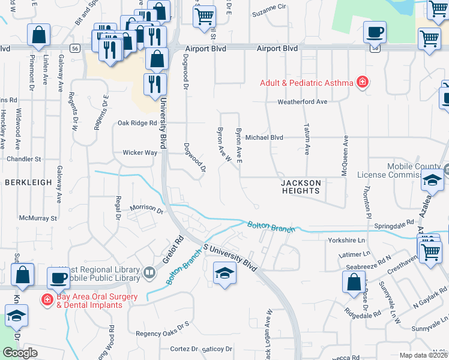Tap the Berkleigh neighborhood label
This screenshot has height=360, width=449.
pos(28,182)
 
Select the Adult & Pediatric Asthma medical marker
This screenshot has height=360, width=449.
pos(363,82)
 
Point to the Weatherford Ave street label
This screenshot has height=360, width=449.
pos(302,102)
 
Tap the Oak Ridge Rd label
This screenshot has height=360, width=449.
pos(137,123)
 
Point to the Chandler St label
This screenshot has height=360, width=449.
pos(23,159)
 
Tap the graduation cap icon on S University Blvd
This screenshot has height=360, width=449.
pos(224,274)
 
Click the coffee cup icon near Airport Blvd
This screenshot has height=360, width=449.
pos(375,31)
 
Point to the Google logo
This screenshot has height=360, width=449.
pos(20,353)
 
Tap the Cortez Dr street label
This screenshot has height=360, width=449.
pos(184,349)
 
